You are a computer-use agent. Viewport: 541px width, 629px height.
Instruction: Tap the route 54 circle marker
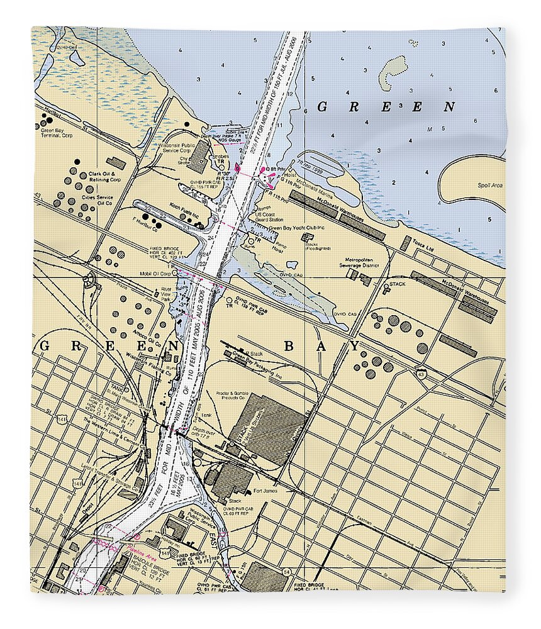point(286,571)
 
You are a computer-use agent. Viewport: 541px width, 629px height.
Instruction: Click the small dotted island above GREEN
point(394,69)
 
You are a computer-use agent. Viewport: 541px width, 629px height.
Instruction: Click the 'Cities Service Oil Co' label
point(97,200)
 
